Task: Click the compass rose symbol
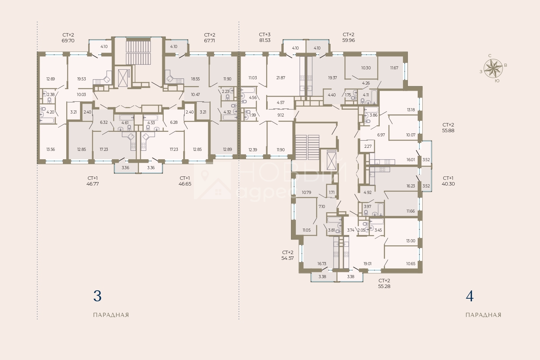(493, 68)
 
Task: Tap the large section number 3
(97, 296)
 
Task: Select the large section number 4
(470, 296)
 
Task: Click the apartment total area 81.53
(265, 40)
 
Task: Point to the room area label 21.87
(281, 78)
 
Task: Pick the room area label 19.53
(81, 79)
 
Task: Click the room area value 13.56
(51, 149)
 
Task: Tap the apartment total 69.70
(68, 40)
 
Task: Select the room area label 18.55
(195, 79)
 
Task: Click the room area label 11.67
(394, 68)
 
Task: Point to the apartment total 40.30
(448, 184)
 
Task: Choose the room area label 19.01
(367, 264)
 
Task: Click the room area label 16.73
(322, 264)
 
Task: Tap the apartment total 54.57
(288, 258)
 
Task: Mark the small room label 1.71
(332, 192)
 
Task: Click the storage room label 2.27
(368, 146)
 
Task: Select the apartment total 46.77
(93, 184)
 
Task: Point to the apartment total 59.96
(348, 40)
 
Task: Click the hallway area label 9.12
(281, 115)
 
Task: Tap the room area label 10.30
(366, 68)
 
